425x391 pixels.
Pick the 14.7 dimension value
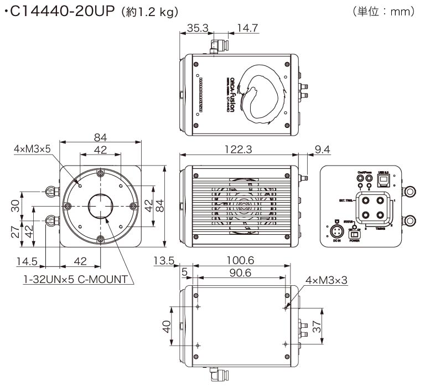pyautogui.click(x=247, y=28)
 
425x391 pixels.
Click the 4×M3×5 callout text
pyautogui.click(x=33, y=148)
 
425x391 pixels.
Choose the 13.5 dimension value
pyautogui.click(x=164, y=260)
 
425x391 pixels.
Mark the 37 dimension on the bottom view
pyautogui.click(x=316, y=329)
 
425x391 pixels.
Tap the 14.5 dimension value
pyautogui.click(x=27, y=261)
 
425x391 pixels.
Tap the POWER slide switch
pyautogui.click(x=355, y=235)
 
